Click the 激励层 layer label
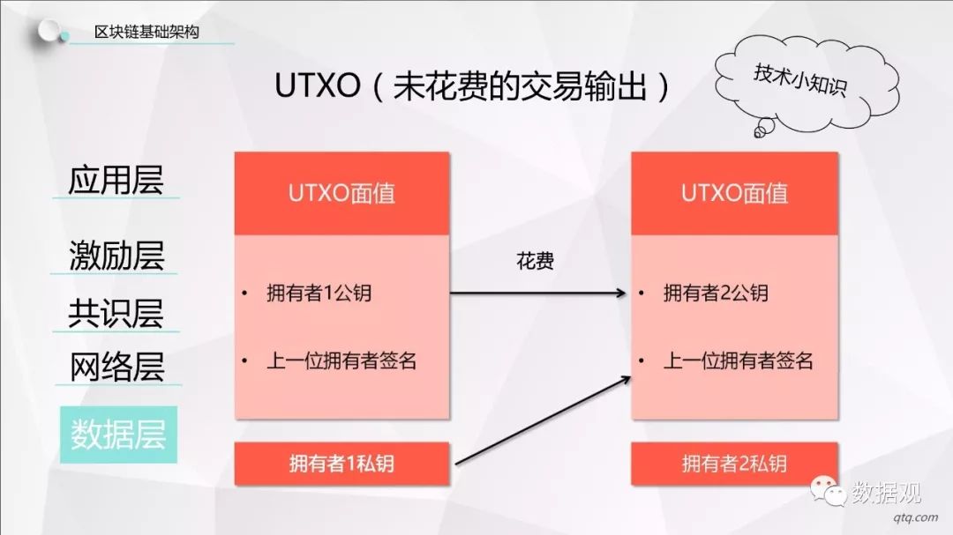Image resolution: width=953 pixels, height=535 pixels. pos(116,256)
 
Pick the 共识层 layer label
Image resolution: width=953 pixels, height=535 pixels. pos(116,313)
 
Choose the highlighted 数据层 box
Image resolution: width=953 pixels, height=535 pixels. pos(118,435)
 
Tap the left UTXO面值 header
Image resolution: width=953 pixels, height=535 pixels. pos(341,194)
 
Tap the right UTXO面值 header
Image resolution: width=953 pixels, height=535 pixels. pos(734,194)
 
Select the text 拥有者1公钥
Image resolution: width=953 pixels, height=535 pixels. pos(319,294)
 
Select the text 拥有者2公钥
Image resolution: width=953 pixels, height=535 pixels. pos(715,294)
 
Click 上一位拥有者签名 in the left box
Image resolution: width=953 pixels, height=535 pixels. pos(341,360)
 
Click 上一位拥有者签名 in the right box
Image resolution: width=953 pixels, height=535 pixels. pos(738,360)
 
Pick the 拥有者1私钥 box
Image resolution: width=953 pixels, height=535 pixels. pos(341,464)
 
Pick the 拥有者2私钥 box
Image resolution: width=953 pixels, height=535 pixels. pos(734,464)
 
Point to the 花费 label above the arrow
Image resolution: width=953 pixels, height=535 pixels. pos(535,262)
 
